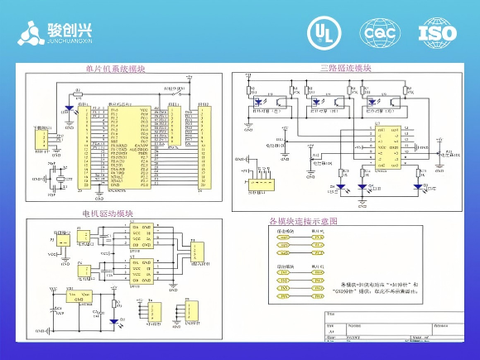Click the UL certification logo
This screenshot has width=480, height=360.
[x=323, y=32]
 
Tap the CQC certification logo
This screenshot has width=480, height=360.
[x=379, y=32]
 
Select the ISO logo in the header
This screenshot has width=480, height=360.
[x=437, y=32]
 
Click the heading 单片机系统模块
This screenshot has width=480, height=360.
[x=115, y=70]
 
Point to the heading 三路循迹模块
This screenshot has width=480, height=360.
[x=345, y=68]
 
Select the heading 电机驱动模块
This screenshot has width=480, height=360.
[x=107, y=214]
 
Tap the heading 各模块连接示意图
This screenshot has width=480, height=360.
[x=304, y=221]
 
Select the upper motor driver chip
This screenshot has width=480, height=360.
[x=140, y=237]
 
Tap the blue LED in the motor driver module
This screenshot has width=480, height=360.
[x=113, y=321]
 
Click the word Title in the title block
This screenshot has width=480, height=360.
[x=332, y=314]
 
